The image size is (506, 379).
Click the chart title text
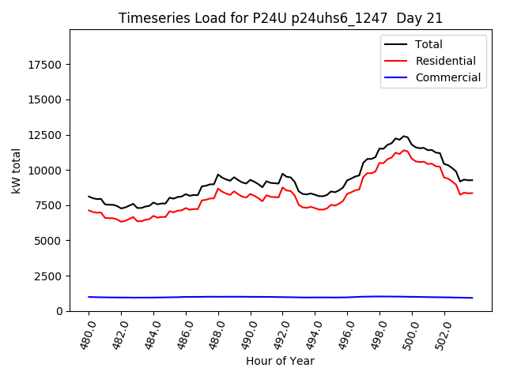pyautogui.click(x=281, y=18)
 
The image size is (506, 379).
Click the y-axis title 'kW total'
pyautogui.click(x=17, y=171)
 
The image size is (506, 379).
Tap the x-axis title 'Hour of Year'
pyautogui.click(x=281, y=361)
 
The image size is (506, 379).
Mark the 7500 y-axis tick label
pyautogui.click(x=49, y=205)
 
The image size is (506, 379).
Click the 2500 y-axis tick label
pyautogui.click(x=49, y=276)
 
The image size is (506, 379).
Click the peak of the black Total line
pyautogui.click(x=404, y=136)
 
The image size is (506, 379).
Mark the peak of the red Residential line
pyautogui.click(x=404, y=150)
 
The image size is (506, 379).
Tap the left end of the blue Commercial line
pyautogui.click(x=89, y=297)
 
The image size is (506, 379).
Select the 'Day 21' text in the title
pyautogui.click(x=421, y=18)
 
